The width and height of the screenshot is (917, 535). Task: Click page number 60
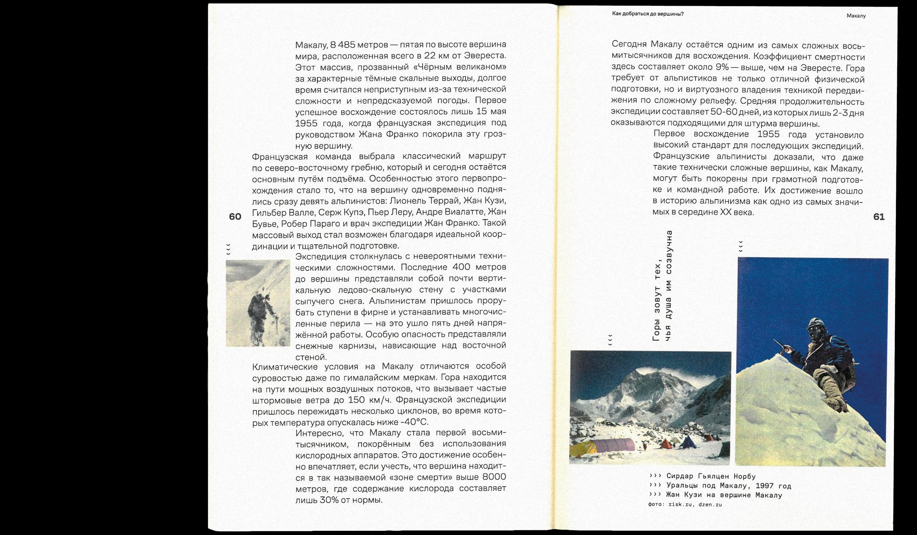235,217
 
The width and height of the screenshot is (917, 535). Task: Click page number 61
879,217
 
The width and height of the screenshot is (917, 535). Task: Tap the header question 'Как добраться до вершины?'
648,14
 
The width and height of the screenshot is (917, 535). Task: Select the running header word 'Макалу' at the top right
856,16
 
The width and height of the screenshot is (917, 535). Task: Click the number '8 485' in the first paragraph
342,45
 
